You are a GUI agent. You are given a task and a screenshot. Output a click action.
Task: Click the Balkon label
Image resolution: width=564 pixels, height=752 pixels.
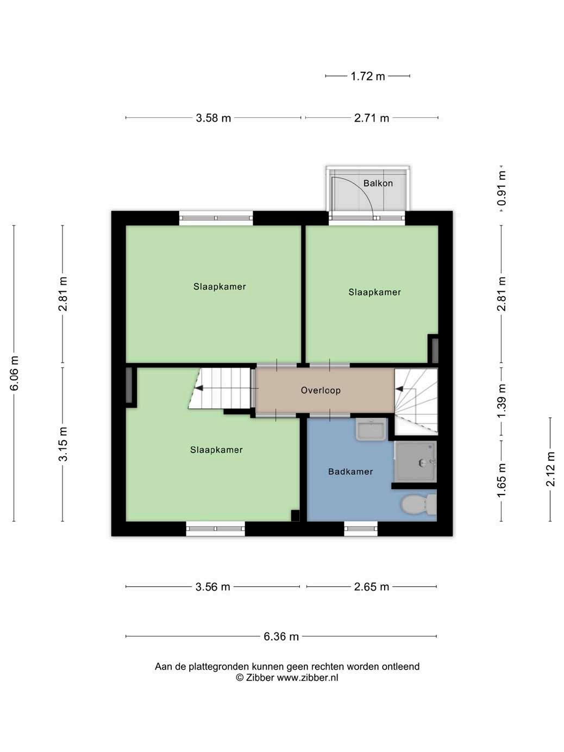[x=378, y=183]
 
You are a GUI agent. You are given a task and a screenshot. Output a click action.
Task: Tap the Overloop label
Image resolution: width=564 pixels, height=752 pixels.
[x=321, y=390]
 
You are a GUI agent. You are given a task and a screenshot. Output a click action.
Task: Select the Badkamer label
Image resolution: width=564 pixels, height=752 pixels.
[x=350, y=472]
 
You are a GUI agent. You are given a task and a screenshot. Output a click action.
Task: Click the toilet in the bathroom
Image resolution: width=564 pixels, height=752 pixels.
[x=418, y=505]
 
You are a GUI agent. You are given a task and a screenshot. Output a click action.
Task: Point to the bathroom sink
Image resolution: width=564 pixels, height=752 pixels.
[x=371, y=429]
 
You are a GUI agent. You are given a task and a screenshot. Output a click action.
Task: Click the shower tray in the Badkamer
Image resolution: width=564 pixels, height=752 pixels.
[x=415, y=462]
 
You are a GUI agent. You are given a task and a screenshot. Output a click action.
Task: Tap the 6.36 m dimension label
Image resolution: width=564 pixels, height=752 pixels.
[x=281, y=637]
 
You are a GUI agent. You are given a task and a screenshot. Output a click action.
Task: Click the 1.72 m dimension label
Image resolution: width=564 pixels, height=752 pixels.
[x=367, y=76]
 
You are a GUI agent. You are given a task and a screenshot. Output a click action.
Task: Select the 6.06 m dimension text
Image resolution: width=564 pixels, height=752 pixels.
[x=14, y=373]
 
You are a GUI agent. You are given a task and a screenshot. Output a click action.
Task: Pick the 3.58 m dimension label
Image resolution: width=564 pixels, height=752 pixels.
[x=214, y=118]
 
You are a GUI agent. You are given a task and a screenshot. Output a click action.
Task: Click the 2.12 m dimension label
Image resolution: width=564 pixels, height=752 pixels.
[x=550, y=469]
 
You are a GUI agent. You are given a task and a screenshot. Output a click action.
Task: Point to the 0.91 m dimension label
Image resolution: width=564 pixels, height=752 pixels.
[x=502, y=188]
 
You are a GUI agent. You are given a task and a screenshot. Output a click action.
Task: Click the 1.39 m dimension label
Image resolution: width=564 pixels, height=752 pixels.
[x=502, y=401]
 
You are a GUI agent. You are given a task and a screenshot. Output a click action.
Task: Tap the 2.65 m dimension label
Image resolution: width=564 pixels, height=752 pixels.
[x=372, y=587]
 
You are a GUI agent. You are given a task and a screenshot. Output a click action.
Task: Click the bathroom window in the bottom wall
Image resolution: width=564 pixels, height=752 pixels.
[x=361, y=529]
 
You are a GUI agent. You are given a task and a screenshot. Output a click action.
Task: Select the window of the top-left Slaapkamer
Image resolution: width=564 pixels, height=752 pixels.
[x=216, y=218]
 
